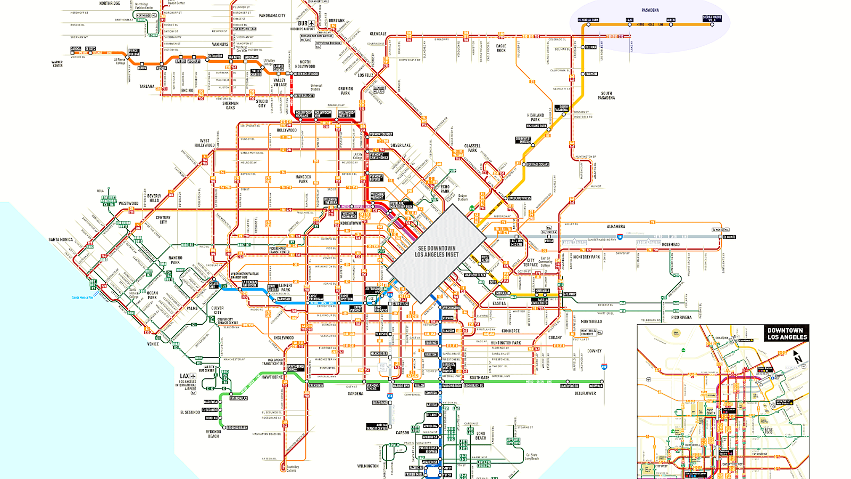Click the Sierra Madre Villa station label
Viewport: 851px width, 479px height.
(x=712, y=19)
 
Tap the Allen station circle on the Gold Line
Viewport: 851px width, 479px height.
(x=671, y=24)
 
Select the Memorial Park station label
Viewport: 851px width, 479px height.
(x=588, y=20)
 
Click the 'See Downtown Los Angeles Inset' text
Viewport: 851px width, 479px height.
(x=437, y=251)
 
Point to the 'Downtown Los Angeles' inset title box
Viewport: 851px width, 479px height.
(x=787, y=334)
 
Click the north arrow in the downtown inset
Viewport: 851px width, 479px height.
(x=797, y=358)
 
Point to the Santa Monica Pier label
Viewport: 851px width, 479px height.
(x=82, y=298)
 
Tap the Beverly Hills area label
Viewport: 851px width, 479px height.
(x=154, y=198)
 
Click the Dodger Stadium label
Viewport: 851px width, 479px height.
(x=463, y=197)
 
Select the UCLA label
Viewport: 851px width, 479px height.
(x=101, y=191)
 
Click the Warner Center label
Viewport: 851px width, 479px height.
(x=57, y=64)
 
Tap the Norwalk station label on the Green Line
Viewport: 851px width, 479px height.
(x=596, y=386)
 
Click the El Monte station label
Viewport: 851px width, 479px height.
(x=729, y=237)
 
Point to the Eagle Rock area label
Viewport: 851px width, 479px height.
(x=501, y=48)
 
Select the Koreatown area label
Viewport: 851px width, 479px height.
(x=351, y=223)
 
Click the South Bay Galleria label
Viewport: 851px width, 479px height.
(x=292, y=468)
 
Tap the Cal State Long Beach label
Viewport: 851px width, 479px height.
(x=532, y=457)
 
